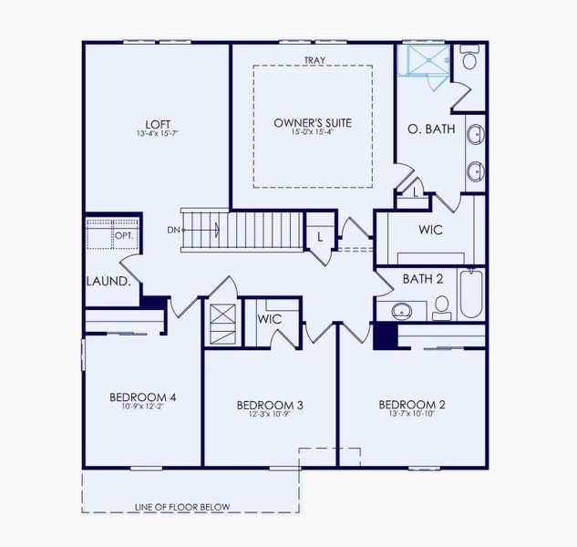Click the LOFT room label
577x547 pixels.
point(158,125)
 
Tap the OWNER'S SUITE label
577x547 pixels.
point(313,122)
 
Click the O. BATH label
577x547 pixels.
point(431,129)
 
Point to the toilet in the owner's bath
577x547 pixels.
point(469,60)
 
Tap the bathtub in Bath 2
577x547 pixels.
point(470,293)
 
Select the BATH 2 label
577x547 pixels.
point(423,278)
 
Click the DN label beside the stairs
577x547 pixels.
point(173,230)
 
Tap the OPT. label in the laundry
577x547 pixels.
point(123,236)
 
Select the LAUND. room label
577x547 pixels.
point(108,282)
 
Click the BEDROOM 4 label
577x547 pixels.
point(142,397)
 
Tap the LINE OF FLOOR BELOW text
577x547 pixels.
point(182,507)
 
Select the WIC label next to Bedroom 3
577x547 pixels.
point(269,319)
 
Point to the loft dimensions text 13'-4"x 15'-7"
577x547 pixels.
point(158,135)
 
